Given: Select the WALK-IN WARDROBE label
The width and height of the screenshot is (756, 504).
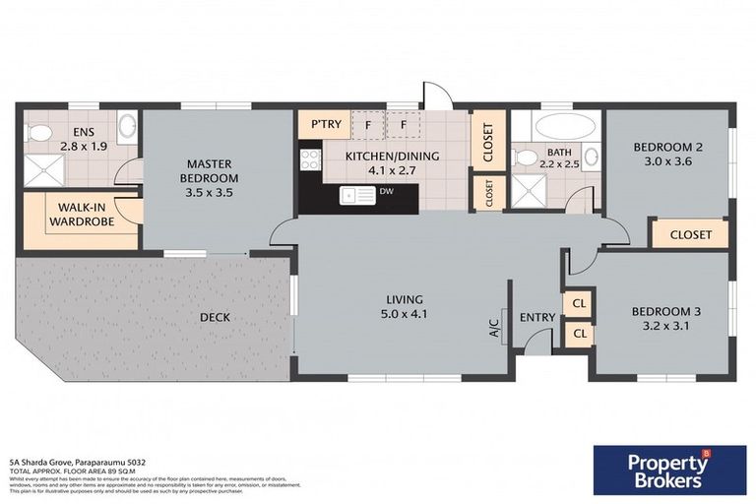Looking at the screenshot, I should point(84,215).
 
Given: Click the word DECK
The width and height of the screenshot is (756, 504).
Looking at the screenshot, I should point(215,317).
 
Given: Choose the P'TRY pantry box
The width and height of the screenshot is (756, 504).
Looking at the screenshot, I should point(325,125).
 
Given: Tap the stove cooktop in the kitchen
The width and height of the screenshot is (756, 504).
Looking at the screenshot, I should point(311,158).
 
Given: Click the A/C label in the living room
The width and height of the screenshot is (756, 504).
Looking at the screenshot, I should point(495,327).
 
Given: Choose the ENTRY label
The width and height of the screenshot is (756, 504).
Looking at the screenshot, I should point(536,317).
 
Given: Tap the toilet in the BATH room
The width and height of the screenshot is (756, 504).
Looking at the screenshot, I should point(527,157).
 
